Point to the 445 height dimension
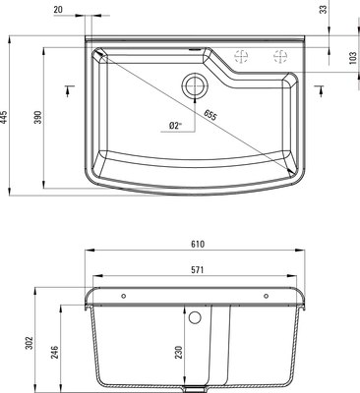(6, 118)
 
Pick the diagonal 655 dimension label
(210, 115)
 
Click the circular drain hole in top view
(193, 84)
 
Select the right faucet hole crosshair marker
(266, 56)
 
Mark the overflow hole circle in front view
(195, 318)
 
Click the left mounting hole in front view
(122, 295)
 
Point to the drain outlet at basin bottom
(201, 382)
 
